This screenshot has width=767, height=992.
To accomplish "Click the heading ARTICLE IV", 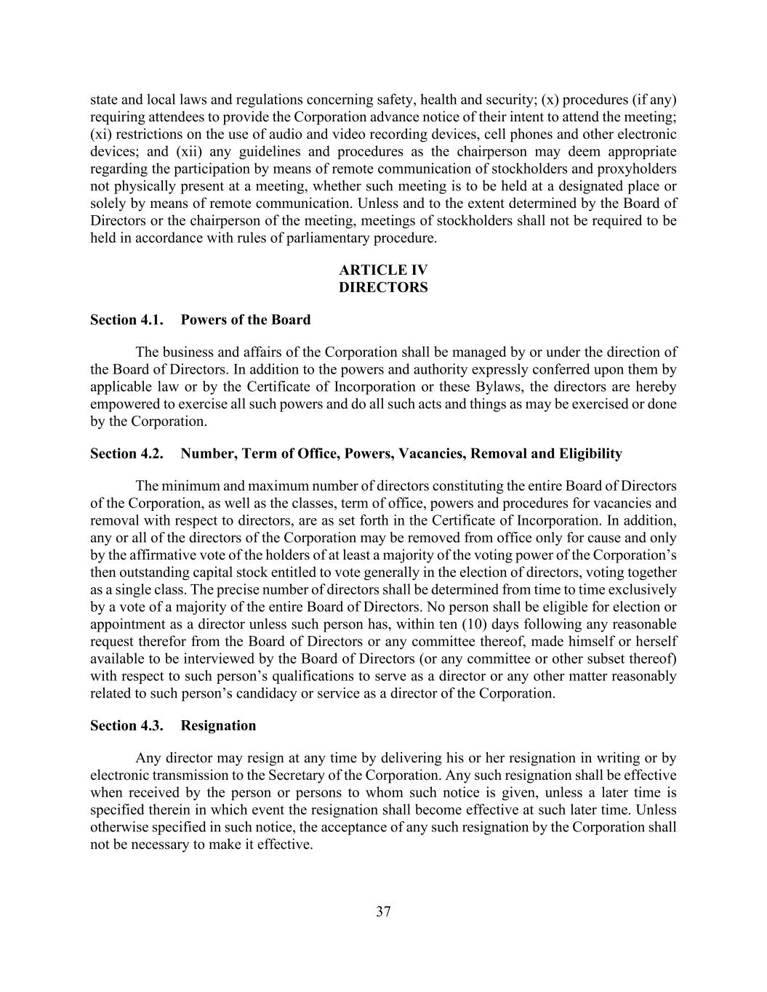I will tap(383, 270).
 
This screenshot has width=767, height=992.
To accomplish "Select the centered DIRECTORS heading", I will tap(383, 288).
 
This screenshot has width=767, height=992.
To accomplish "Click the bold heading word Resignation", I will tap(218, 725).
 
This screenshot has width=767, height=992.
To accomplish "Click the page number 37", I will tap(383, 911).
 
